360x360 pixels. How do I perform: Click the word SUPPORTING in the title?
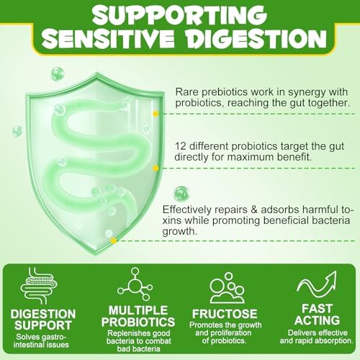pyautogui.click(x=179, y=14)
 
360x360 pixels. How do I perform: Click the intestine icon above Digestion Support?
pyautogui.click(x=39, y=286)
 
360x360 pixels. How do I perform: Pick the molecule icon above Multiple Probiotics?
pyautogui.click(x=135, y=284)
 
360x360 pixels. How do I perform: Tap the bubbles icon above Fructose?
pyautogui.click(x=228, y=288)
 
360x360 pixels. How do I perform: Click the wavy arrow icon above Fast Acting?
pyautogui.click(x=317, y=284)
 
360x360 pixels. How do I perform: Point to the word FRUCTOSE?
pyautogui.click(x=225, y=314)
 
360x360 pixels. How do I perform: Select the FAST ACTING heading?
pyautogui.click(x=318, y=315)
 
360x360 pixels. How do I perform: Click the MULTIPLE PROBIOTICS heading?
pyautogui.click(x=138, y=316)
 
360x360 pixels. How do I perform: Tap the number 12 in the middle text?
pyautogui.click(x=181, y=146)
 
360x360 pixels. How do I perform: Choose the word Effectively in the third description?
pyautogui.click(x=186, y=210)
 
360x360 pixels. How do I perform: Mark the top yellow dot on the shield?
pyautogui.click(x=156, y=114)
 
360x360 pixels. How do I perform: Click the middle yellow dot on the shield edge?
pyautogui.click(x=156, y=168)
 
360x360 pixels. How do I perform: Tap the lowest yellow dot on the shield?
pyautogui.click(x=114, y=240)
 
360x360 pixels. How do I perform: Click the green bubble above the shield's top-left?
pyautogui.click(x=58, y=74)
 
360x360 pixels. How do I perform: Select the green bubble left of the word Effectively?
pyautogui.click(x=181, y=194)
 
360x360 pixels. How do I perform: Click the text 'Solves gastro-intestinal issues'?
pyautogui.click(x=41, y=341)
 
